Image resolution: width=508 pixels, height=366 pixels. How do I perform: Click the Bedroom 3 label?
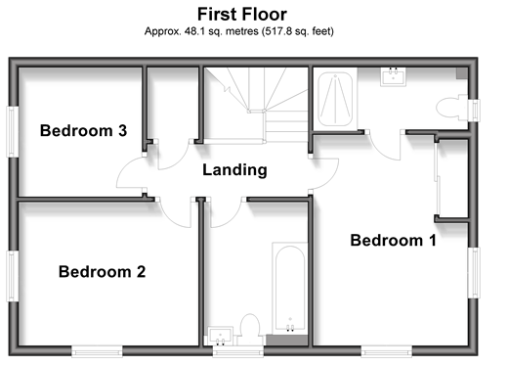[x=83, y=130]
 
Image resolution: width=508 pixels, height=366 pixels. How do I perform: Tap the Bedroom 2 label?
[x=102, y=272]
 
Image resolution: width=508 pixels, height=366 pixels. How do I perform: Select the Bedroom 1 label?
[x=393, y=241]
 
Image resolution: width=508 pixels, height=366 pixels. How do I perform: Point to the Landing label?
[x=234, y=170]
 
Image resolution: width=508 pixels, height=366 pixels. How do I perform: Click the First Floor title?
[x=242, y=15]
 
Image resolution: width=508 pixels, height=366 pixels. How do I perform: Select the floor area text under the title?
[x=239, y=31]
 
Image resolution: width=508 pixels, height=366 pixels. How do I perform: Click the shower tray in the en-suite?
[x=335, y=99]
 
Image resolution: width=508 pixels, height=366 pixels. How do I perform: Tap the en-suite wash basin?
[x=393, y=77]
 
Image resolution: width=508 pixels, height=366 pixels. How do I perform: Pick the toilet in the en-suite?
[x=451, y=108]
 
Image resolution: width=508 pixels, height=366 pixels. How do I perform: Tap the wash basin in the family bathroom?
[x=221, y=336]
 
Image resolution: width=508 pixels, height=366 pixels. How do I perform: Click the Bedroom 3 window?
[x=13, y=131]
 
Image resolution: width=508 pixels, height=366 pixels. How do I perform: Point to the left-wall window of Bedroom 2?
[x=13, y=276]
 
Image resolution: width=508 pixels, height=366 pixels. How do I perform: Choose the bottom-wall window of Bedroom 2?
[x=97, y=351]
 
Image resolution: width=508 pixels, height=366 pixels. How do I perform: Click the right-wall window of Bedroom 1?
[x=474, y=273]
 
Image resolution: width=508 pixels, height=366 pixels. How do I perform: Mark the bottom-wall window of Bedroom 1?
[x=387, y=351]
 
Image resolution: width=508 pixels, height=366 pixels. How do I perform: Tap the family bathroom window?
[x=238, y=351]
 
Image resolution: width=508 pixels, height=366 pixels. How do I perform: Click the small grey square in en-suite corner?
[x=462, y=73]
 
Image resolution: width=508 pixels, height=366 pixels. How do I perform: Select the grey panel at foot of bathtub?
[x=287, y=340]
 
